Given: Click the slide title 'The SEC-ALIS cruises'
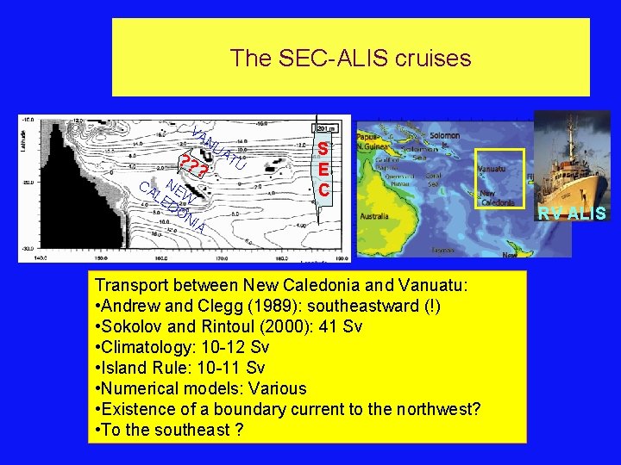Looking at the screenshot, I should tap(350, 58).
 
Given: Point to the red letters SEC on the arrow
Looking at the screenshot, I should tap(323, 169).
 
